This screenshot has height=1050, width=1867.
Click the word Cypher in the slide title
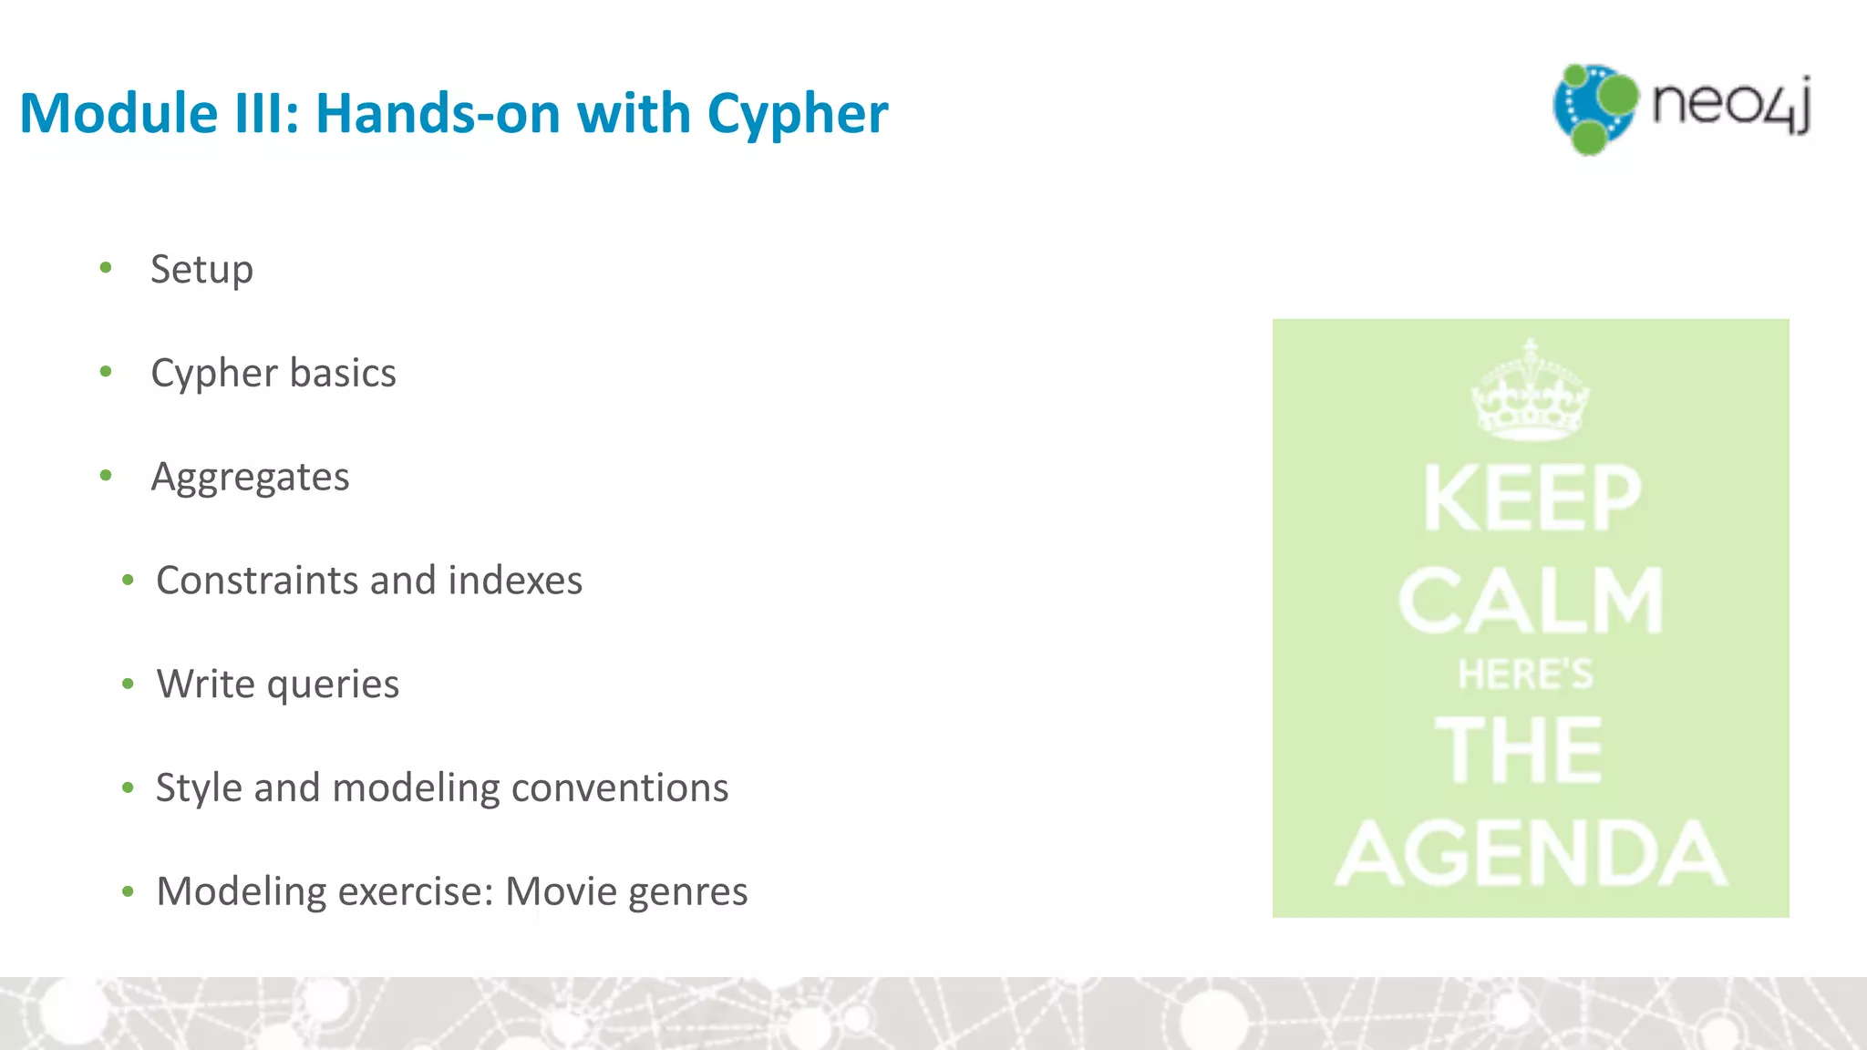click(x=797, y=114)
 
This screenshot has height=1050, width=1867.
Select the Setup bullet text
click(x=201, y=270)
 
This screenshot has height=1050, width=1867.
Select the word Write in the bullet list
click(x=202, y=684)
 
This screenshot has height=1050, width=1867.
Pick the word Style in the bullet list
click(x=198, y=787)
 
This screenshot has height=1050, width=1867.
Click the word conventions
click(x=620, y=787)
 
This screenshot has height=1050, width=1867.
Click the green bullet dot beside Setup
click(x=106, y=268)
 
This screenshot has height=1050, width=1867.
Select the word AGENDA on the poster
click(x=1531, y=853)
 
